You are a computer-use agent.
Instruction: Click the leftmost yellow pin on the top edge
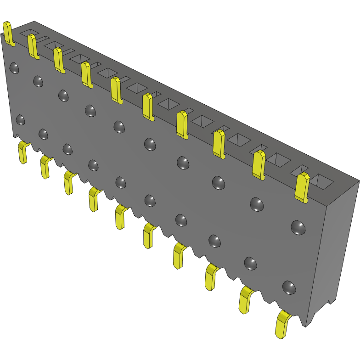(8, 34)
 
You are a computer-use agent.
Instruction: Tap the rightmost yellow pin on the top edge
(302, 187)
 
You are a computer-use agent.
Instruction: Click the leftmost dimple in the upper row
(14, 68)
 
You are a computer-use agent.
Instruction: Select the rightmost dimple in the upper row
(298, 227)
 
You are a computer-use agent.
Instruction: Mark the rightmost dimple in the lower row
(289, 287)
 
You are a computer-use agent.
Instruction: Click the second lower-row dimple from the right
(251, 263)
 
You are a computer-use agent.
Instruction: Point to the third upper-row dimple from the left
(63, 96)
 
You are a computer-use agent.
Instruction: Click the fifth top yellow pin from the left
(117, 90)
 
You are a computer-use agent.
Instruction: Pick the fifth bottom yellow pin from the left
(121, 216)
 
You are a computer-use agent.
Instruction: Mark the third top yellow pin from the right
(219, 144)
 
